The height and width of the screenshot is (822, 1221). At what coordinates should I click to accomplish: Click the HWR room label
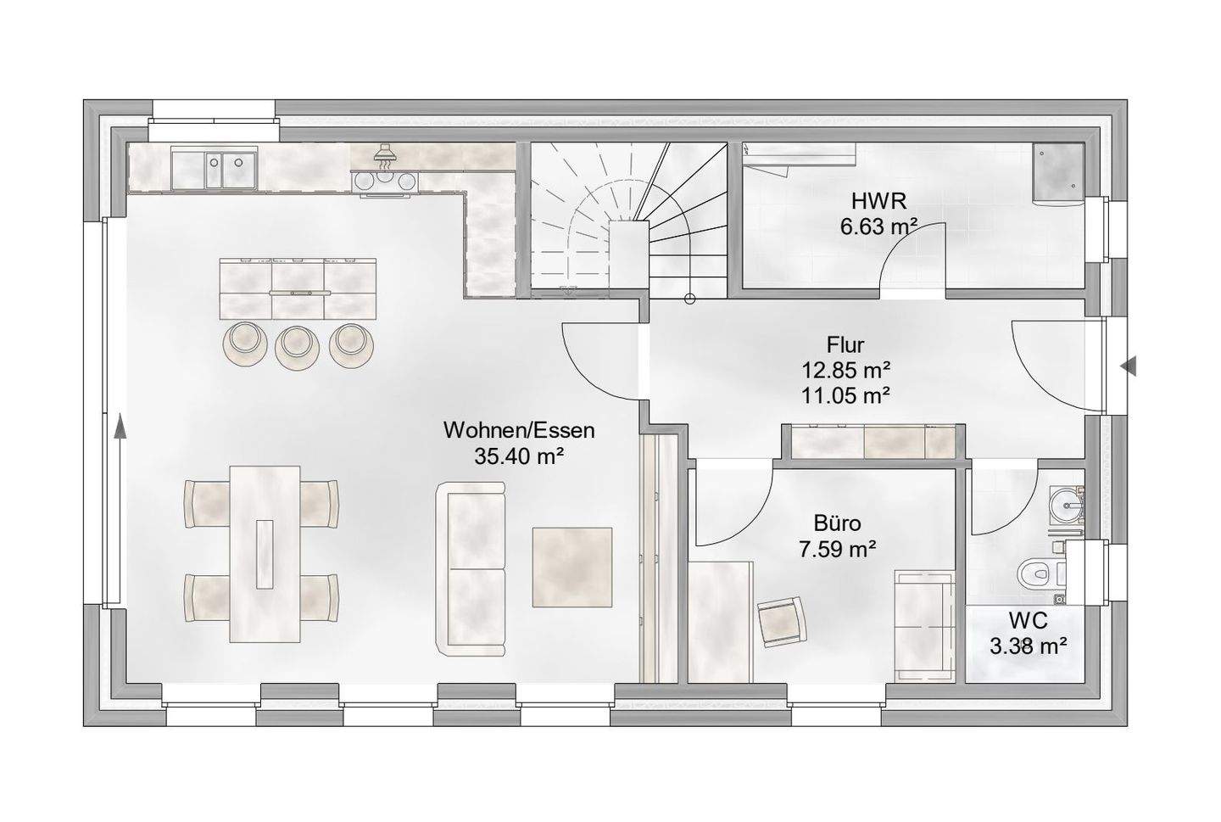(x=878, y=201)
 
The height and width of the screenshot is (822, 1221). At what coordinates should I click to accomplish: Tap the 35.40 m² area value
(x=518, y=456)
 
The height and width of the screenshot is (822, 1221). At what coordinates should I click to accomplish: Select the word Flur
(x=845, y=344)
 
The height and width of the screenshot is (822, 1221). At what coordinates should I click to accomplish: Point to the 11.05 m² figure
(x=846, y=395)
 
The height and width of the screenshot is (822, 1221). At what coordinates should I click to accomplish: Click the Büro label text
(x=837, y=523)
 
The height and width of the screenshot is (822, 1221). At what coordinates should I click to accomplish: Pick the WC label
(x=1028, y=621)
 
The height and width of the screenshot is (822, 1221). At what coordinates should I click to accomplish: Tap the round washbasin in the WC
(x=1066, y=502)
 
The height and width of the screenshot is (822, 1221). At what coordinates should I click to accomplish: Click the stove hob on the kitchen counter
(x=385, y=181)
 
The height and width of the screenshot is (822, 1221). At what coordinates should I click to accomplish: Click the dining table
(x=265, y=554)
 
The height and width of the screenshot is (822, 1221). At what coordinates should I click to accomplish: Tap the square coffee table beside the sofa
(x=572, y=568)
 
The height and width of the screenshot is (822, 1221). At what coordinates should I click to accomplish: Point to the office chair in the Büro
(x=782, y=622)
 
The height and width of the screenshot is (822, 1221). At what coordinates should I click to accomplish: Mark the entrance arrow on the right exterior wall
(x=1129, y=366)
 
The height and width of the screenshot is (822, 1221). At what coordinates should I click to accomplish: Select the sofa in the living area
(x=471, y=568)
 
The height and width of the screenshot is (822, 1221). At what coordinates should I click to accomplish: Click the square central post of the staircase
(x=629, y=254)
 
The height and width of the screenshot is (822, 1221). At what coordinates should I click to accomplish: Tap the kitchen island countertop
(x=298, y=288)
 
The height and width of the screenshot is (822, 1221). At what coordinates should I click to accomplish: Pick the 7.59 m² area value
(x=837, y=549)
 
